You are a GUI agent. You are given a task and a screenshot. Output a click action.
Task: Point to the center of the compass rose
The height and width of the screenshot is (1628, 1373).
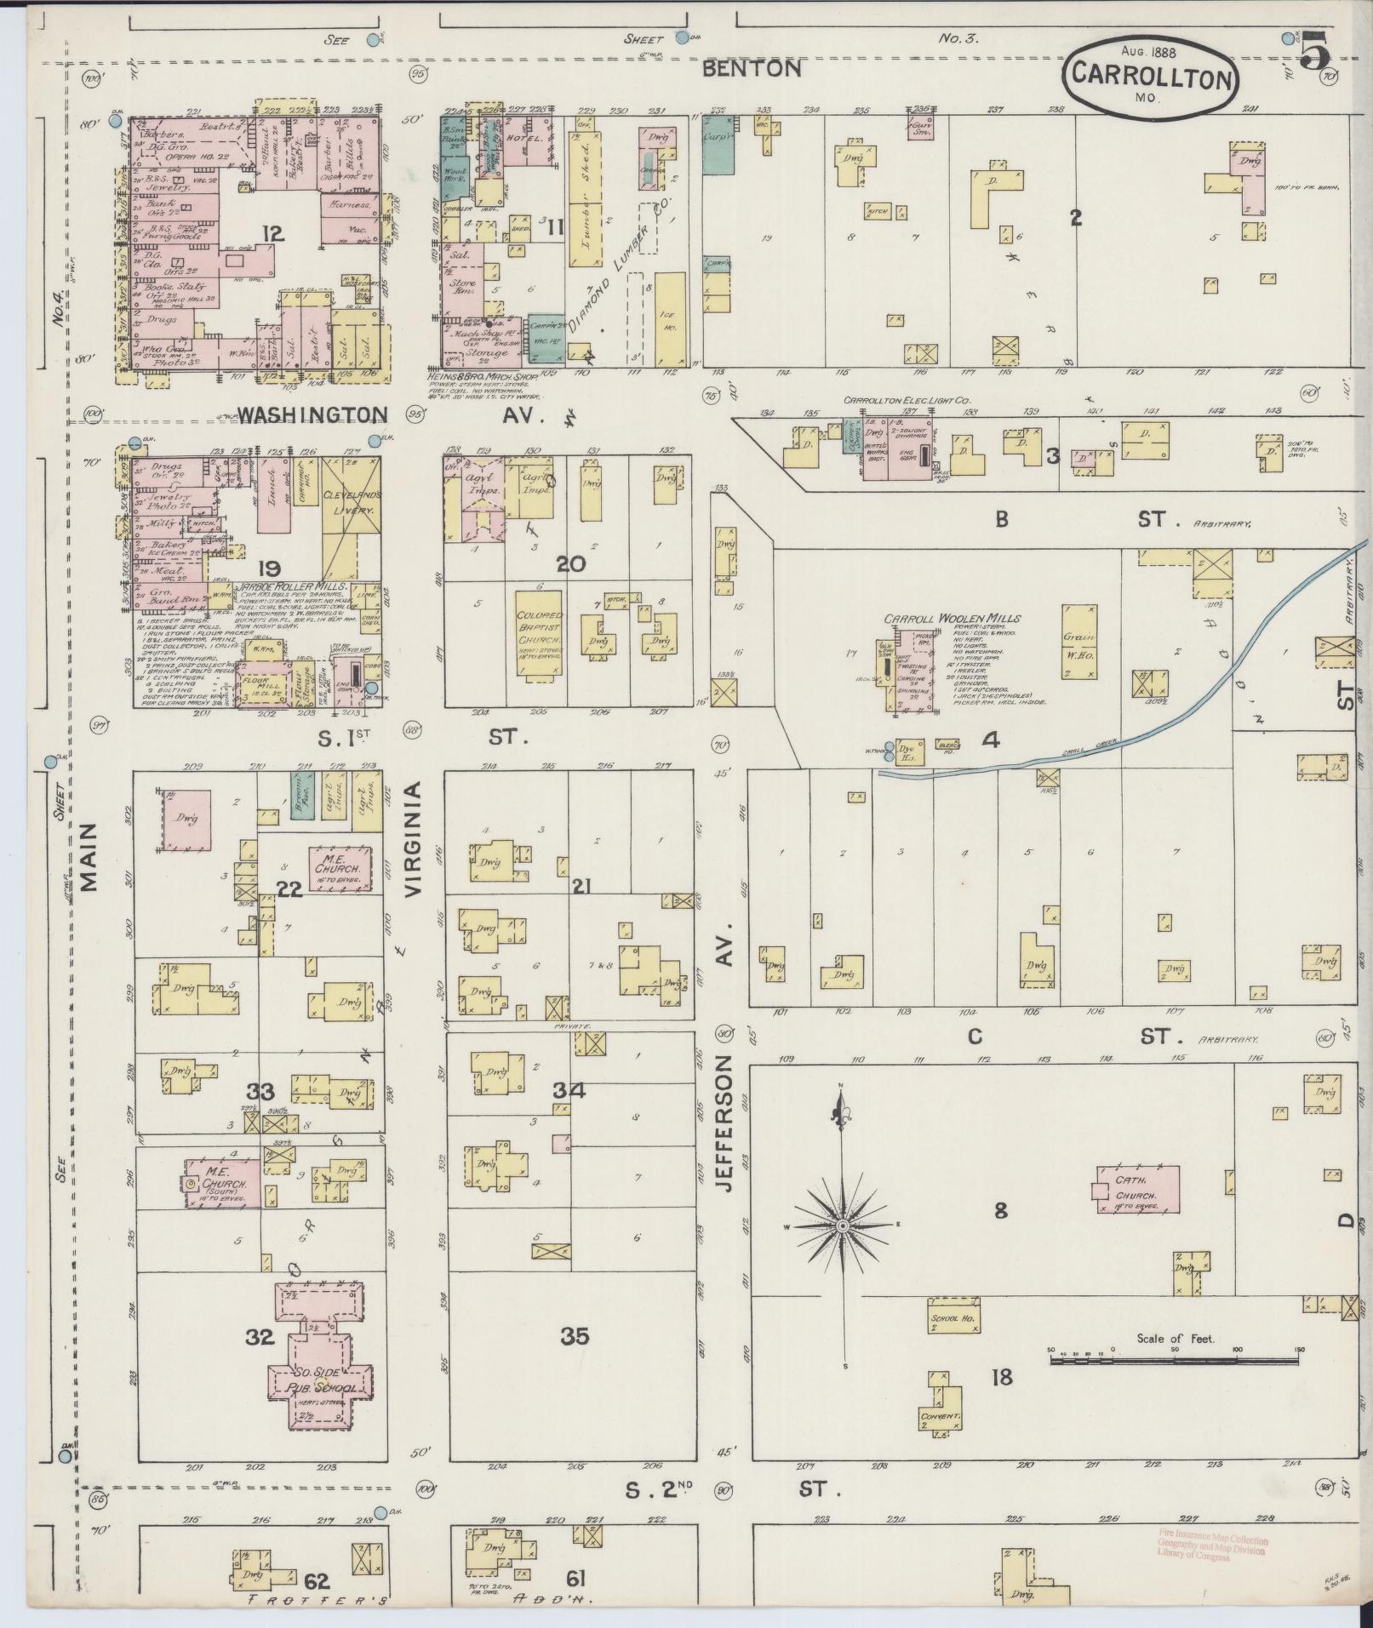tap(842, 1225)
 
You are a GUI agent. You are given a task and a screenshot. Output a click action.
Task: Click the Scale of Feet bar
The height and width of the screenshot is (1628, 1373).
tap(1175, 1361)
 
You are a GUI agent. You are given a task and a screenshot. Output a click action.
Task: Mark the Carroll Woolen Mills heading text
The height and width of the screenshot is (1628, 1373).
tap(952, 619)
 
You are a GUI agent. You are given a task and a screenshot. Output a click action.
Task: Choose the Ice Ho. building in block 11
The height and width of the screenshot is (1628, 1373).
tap(671, 318)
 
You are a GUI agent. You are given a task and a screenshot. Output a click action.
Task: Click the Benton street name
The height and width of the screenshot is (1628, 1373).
tap(752, 69)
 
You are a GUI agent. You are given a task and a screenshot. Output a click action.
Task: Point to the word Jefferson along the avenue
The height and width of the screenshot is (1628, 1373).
tap(725, 1122)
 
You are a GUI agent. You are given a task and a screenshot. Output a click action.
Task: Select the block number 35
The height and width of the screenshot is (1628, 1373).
tap(575, 1337)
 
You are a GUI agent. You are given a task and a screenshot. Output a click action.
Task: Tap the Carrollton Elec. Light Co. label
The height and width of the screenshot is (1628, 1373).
tap(907, 400)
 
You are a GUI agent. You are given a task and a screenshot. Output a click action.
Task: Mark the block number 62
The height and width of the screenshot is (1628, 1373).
tap(316, 1581)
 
